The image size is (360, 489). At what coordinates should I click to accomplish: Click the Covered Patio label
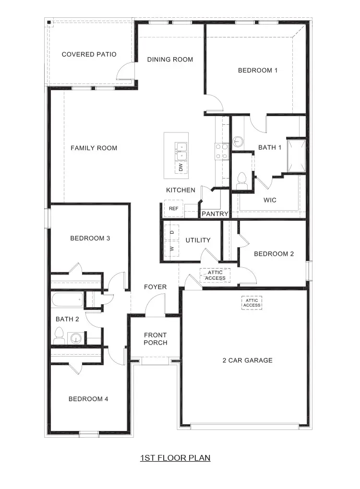pos(89,55)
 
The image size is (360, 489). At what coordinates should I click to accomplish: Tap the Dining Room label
pos(170,60)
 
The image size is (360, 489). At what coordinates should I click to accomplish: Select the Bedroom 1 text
pos(258,71)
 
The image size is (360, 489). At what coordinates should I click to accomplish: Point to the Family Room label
pos(94,148)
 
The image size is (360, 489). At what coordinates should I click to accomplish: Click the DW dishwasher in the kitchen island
pos(180,167)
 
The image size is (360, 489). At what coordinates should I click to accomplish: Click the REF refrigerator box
pos(173,209)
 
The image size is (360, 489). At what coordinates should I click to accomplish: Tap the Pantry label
pos(214,214)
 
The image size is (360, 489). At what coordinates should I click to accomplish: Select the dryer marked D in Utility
pos(172,232)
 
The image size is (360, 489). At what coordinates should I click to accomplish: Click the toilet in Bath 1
pos(241,178)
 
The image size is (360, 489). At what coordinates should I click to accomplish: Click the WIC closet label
pos(270,200)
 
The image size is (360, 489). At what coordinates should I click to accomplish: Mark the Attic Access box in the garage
pos(252,303)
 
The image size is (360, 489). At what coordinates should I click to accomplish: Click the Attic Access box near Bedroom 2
pos(215,275)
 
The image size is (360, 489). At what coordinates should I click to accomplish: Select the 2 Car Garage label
pos(247,360)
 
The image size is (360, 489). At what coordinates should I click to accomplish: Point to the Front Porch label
pos(156,339)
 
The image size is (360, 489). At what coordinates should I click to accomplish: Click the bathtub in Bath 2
pos(67,301)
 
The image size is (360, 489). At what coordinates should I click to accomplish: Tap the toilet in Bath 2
pos(60,334)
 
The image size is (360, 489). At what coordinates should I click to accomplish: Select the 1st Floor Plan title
pos(175,458)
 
